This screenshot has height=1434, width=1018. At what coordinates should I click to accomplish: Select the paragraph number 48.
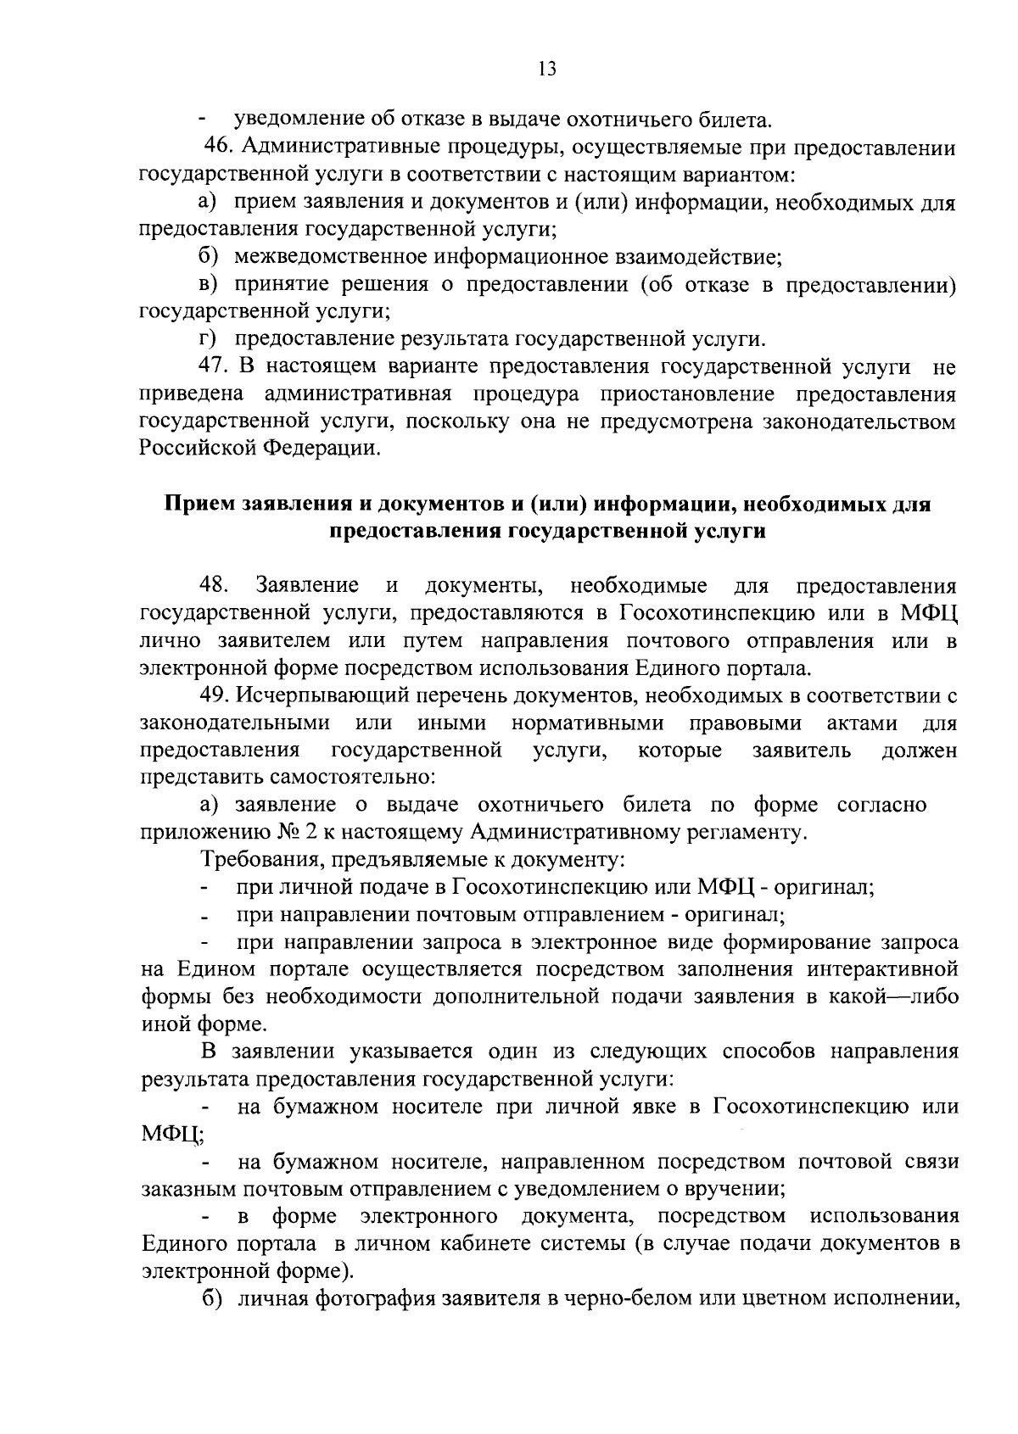click(214, 585)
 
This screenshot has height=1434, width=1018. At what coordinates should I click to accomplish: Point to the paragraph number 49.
click(215, 695)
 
